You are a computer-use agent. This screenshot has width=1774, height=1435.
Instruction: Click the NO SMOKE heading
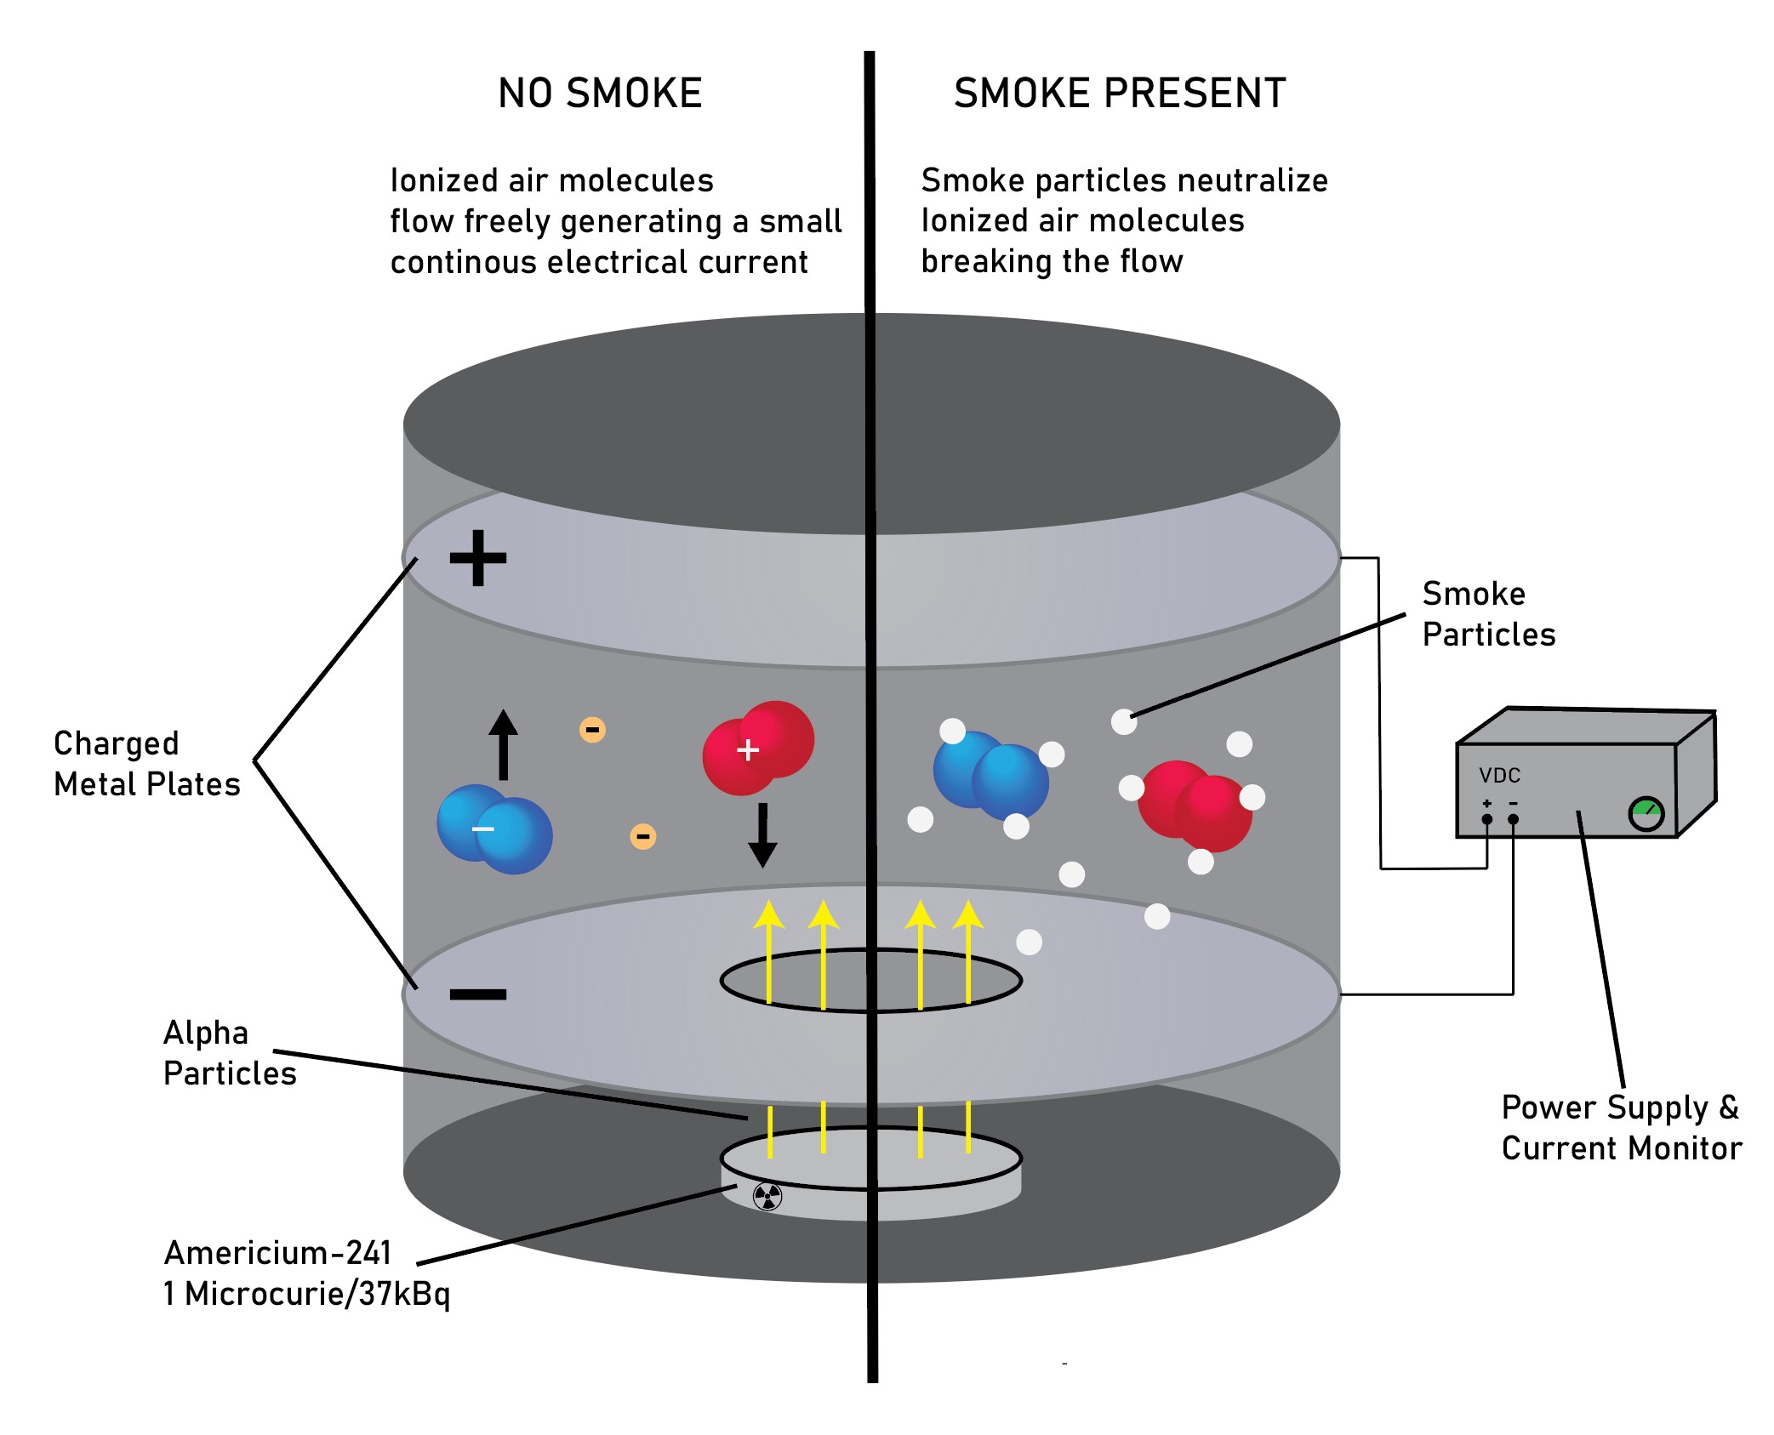coord(600,94)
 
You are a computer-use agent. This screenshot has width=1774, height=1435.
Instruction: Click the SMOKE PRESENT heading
coord(1119,94)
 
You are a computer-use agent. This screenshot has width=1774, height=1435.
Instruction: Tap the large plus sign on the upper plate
coord(478,558)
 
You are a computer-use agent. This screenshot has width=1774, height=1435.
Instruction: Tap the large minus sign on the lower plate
coord(478,994)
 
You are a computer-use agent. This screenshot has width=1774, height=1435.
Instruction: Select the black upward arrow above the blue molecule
coord(503,744)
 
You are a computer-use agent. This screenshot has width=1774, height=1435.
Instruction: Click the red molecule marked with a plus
coord(757,748)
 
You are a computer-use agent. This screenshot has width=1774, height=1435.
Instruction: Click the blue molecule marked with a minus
coord(494,829)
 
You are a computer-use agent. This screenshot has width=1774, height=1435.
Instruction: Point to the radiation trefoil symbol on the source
coord(767,1196)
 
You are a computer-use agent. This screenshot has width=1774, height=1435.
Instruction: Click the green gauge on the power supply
coord(1646,814)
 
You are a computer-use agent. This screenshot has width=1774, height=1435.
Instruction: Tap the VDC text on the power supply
coord(1499,776)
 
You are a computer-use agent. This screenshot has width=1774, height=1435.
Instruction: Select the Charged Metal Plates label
coord(146,764)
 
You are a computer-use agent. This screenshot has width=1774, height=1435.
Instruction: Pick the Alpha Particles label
coord(229,1053)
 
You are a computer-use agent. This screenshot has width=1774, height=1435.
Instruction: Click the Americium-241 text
coord(277,1253)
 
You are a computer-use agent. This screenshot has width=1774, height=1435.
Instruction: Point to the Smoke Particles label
coord(1488,614)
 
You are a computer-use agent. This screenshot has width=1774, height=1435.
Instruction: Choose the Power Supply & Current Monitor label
coord(1621,1128)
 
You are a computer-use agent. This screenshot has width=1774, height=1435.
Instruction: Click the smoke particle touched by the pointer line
coord(1124,722)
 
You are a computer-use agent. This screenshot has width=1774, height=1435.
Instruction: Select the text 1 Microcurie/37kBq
coord(306,1294)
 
